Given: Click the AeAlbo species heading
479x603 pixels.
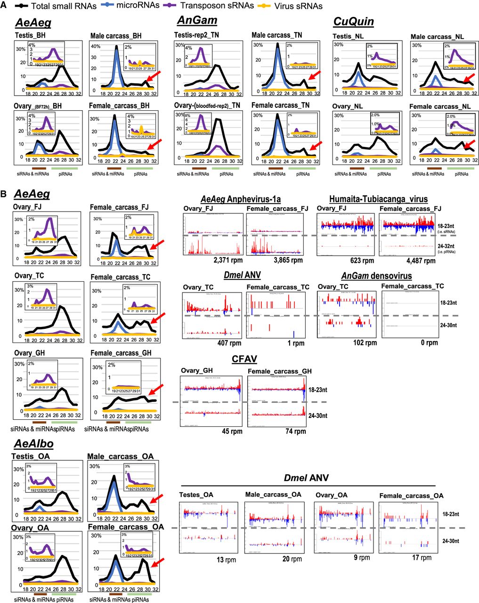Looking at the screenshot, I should pos(33,444).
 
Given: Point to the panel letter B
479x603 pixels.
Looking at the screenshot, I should pos(4,193).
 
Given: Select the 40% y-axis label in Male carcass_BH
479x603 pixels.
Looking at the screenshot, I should pos(96,47).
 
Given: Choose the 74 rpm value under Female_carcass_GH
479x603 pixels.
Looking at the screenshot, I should pos(296,431).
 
